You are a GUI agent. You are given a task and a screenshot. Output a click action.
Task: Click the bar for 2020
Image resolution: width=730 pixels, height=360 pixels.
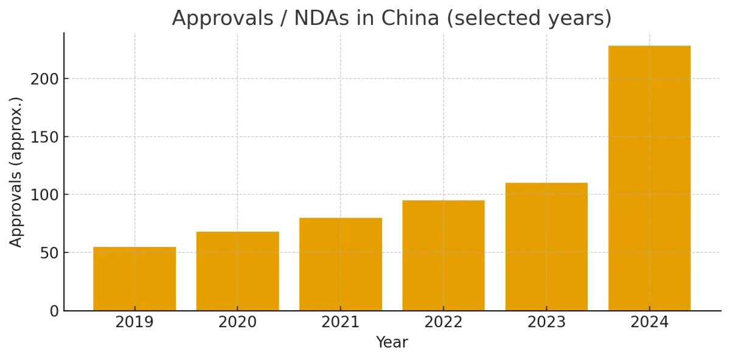(x=237, y=271)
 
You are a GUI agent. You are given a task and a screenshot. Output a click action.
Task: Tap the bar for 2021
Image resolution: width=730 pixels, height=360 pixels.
(x=341, y=264)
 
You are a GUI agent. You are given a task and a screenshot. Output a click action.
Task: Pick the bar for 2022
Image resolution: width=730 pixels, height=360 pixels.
(x=443, y=255)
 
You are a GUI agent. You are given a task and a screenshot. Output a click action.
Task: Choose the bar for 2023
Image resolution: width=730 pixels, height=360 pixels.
(x=546, y=246)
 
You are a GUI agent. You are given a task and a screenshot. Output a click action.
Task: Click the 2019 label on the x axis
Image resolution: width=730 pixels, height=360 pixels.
(x=134, y=322)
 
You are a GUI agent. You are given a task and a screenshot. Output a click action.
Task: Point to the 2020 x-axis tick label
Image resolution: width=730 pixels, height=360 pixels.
(x=237, y=322)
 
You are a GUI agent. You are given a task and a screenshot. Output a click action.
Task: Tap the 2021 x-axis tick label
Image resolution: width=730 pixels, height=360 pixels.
(x=341, y=322)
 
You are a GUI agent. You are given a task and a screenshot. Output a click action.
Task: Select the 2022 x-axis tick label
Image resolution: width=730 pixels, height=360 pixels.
(x=443, y=322)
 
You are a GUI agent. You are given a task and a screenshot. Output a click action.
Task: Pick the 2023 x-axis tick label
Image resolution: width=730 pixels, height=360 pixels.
(x=546, y=322)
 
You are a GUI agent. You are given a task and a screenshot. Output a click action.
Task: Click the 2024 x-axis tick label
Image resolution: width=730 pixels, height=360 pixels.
(x=649, y=322)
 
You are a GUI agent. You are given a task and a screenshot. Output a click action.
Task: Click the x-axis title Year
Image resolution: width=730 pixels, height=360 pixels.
(x=392, y=343)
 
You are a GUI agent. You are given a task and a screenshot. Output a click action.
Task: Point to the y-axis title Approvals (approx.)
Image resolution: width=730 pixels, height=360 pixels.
(x=16, y=172)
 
